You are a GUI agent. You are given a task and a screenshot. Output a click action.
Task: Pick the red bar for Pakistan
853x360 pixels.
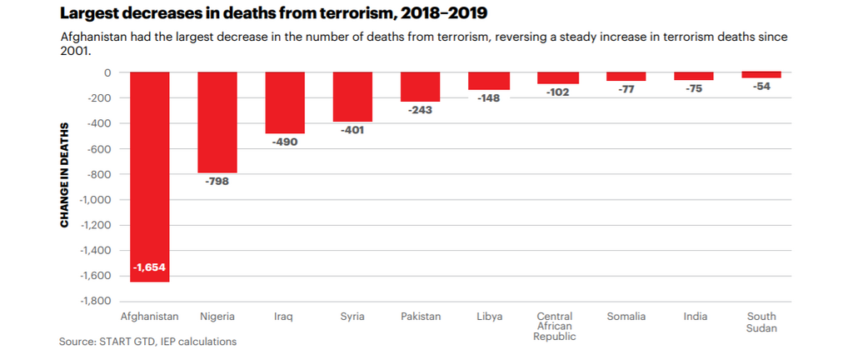(420, 87)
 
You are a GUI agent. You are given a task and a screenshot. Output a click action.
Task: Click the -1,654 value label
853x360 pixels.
(150, 268)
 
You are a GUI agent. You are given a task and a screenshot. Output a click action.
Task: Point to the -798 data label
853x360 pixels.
(217, 181)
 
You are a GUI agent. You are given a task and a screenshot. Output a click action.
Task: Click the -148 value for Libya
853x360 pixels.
(488, 98)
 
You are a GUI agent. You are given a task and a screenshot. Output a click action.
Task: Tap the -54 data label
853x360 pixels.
(761, 86)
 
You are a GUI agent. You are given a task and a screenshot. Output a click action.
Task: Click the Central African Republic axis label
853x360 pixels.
(555, 327)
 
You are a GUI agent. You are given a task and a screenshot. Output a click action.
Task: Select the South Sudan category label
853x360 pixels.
(761, 322)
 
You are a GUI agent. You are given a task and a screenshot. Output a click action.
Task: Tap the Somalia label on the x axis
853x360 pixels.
(626, 317)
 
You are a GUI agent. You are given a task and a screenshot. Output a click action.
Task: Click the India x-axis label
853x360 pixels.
(695, 317)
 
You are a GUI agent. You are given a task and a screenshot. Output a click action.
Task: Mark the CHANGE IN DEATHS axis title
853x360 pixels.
(64, 175)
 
